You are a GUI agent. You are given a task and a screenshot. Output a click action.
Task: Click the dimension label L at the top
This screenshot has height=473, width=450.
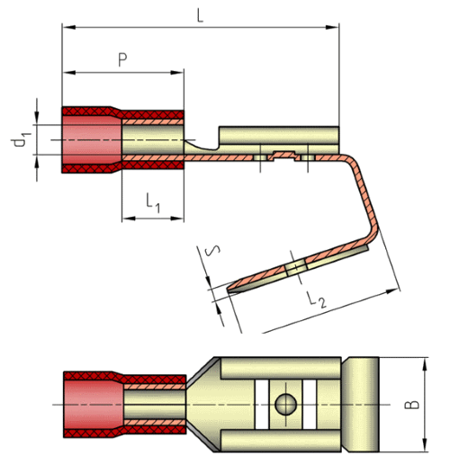pos(200,15)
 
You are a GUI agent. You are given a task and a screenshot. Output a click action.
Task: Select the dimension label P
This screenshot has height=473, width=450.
pos(122,59)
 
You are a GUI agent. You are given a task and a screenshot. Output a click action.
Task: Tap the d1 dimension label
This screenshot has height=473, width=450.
pos(21,140)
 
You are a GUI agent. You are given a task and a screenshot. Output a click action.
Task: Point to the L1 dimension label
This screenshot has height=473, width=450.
pos(153,202)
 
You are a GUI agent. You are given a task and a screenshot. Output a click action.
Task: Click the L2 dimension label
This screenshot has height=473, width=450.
pos(317,299)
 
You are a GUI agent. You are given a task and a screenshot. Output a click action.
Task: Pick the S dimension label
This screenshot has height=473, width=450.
pos(212,250)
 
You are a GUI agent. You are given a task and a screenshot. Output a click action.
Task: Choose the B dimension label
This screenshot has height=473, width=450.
pos(411,405)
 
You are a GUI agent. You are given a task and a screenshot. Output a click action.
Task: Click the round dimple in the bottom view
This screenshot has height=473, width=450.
pos(285,405)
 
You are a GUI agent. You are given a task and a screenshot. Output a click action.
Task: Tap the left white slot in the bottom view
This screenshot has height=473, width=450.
pos(262,405)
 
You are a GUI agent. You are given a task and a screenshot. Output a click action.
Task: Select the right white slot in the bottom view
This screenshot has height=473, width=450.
pos(310,405)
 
